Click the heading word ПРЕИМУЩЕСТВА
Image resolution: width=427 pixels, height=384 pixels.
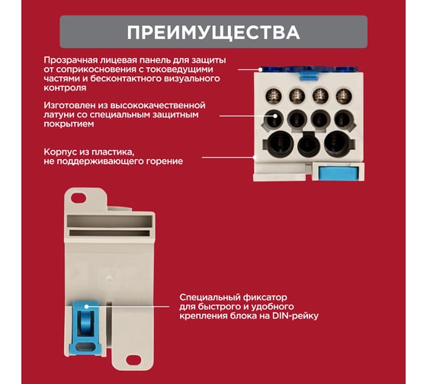pyautogui.click(x=213, y=33)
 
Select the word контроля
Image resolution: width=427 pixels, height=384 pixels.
pyautogui.click(x=65, y=88)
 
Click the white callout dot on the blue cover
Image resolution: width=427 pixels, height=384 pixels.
pyautogui.click(x=260, y=69)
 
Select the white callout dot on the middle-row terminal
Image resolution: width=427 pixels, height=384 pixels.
pyautogui.click(x=275, y=116)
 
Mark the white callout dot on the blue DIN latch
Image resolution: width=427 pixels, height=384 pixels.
pyautogui.click(x=87, y=307)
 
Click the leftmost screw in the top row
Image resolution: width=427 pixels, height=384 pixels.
pyautogui.click(x=274, y=96)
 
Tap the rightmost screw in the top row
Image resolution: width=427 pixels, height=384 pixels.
pyautogui.click(x=344, y=96)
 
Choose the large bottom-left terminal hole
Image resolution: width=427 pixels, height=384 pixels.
pyautogui.click(x=281, y=143)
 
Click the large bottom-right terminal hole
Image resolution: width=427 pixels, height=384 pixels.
pyautogui.click(x=337, y=143)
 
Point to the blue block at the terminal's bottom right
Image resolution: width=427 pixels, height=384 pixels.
pyautogui.click(x=338, y=173)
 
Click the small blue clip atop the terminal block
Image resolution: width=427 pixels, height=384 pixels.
pyautogui.click(x=309, y=75)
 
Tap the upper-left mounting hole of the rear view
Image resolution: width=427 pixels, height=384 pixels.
pyautogui.click(x=79, y=198)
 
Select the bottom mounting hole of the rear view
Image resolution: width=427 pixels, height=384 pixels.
pyautogui.click(x=133, y=360)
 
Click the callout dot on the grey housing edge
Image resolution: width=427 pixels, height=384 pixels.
pyautogui.click(x=255, y=157)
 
